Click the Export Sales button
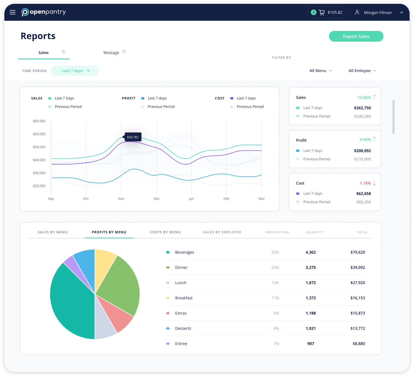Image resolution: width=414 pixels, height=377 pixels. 356,36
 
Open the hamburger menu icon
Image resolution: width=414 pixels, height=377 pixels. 13,12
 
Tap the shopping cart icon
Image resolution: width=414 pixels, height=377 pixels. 322,12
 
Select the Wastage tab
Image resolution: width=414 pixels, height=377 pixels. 111,53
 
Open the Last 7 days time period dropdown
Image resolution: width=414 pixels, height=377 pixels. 75,71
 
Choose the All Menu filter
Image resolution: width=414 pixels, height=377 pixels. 320,71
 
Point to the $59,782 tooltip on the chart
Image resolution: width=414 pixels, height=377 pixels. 133,137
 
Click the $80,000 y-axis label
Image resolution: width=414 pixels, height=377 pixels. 39,121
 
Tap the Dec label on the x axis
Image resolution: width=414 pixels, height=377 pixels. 157,199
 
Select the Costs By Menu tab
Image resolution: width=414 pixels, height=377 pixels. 165,232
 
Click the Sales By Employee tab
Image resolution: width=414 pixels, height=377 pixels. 222,232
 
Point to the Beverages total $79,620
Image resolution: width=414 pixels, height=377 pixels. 358,252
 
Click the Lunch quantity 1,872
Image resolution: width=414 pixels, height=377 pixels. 311,283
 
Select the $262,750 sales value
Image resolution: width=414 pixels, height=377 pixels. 362,108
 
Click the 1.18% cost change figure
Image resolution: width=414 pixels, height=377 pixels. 365,183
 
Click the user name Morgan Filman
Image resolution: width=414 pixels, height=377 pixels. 378,13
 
